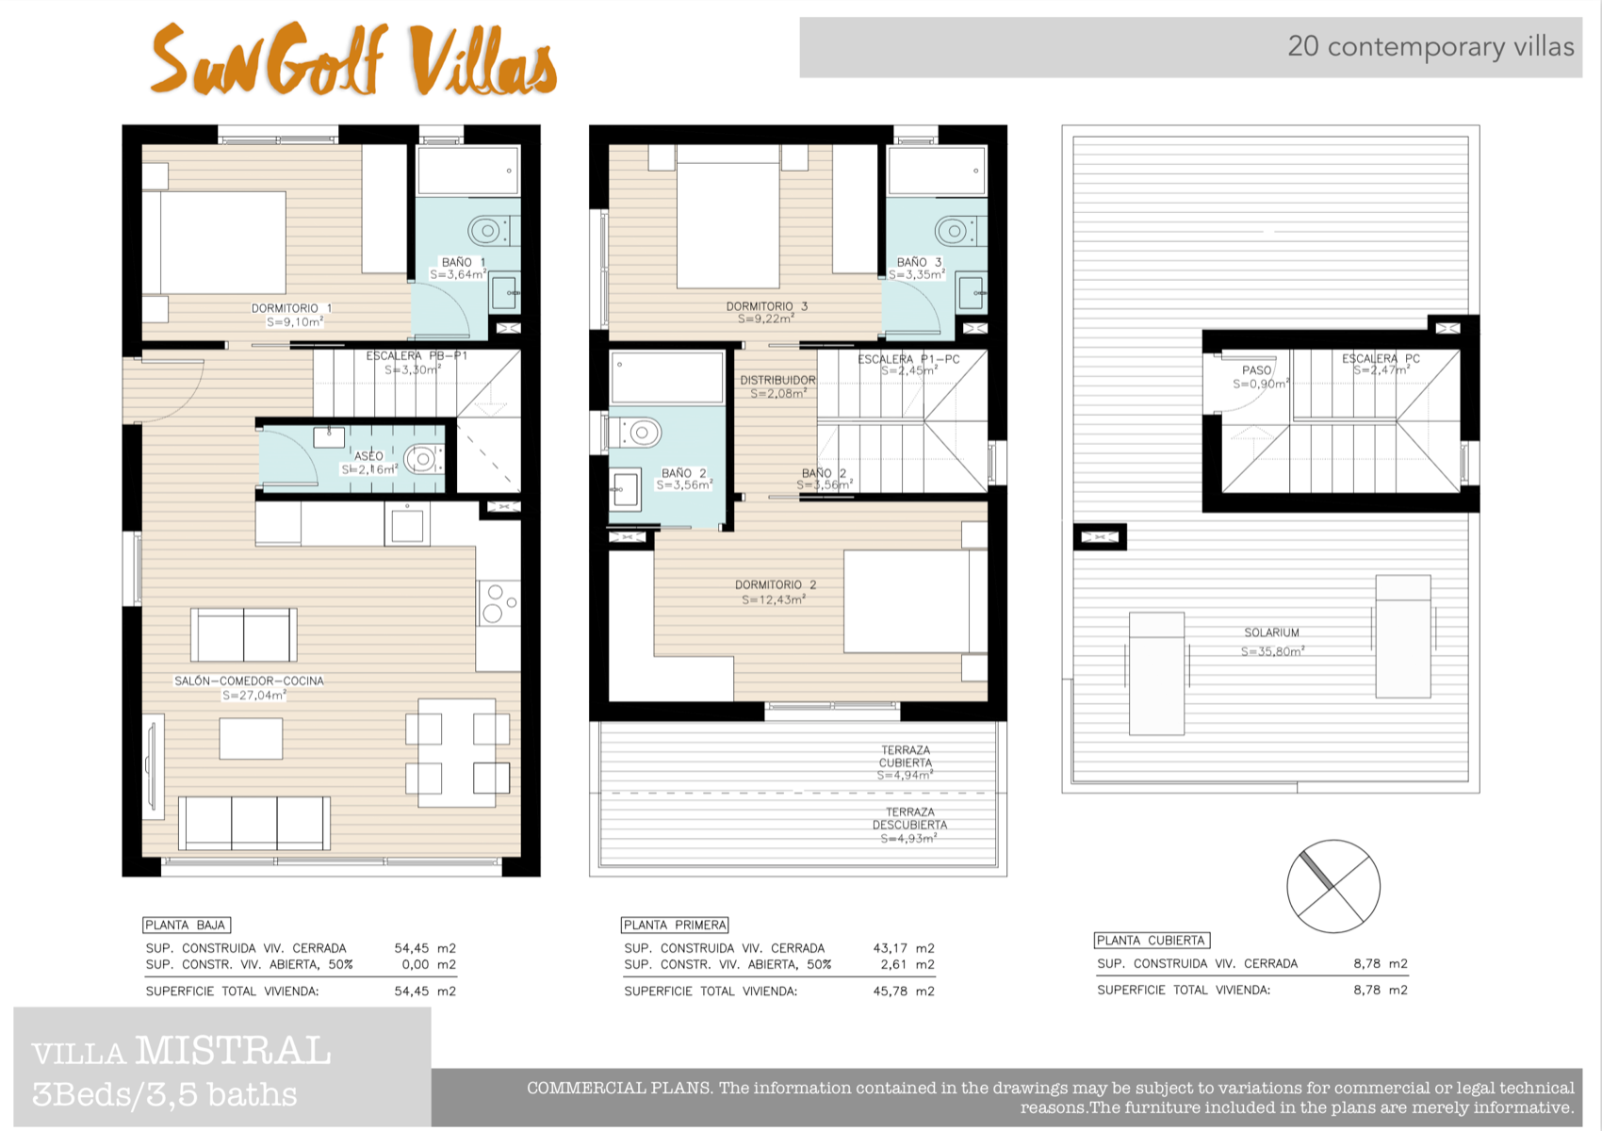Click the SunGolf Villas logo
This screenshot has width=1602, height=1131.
click(353, 60)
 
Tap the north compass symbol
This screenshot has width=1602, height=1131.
click(1333, 886)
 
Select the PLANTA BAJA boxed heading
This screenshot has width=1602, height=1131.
click(186, 926)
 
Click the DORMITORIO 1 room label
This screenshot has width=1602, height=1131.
click(291, 308)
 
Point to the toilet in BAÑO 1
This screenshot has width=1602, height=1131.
click(486, 229)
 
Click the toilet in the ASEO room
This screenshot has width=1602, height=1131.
click(423, 459)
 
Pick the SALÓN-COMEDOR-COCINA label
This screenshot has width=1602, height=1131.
click(249, 680)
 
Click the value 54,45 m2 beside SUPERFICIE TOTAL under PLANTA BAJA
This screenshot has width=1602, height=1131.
click(424, 992)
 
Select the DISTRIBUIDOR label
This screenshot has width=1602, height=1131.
click(777, 380)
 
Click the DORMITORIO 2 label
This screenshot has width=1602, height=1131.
click(776, 585)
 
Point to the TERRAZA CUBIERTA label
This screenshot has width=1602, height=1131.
click(906, 757)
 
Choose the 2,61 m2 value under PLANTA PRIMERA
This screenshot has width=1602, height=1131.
click(903, 965)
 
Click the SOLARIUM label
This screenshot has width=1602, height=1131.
click(1271, 632)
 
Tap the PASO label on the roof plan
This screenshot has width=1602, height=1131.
click(1256, 370)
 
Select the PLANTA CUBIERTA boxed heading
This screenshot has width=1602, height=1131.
click(1152, 941)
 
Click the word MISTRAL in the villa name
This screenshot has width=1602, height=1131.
click(233, 1051)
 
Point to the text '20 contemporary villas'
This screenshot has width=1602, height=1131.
click(1430, 46)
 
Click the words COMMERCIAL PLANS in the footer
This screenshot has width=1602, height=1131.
click(618, 1089)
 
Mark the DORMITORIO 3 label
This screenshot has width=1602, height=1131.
click(766, 306)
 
